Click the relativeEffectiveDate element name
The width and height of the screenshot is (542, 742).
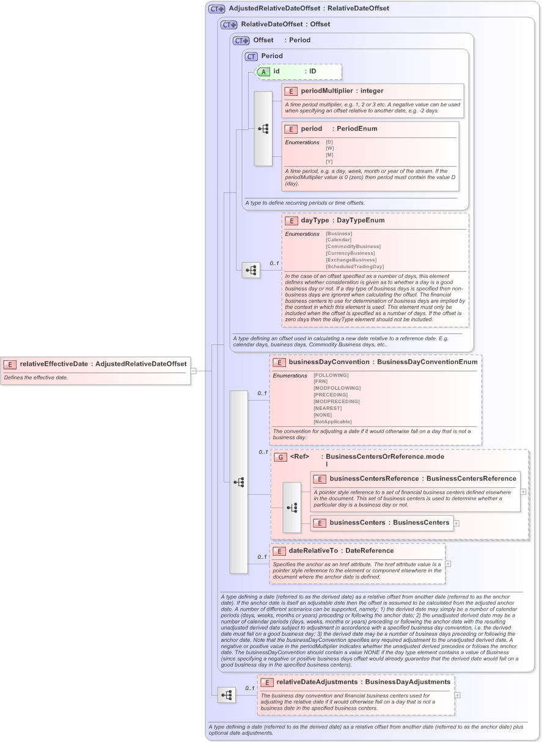[x=54, y=364]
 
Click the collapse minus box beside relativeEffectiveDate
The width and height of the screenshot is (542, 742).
[x=193, y=370]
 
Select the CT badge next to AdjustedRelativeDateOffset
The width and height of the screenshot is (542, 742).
[x=217, y=9]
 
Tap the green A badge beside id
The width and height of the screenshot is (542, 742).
[x=263, y=71]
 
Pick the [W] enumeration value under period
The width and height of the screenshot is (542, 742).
[x=330, y=148]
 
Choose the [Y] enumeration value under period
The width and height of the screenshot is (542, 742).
[x=330, y=162]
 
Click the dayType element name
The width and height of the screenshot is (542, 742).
[x=315, y=220]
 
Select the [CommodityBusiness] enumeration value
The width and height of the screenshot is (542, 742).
[x=353, y=247]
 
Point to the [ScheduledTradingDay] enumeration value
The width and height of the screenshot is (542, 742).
[x=355, y=267]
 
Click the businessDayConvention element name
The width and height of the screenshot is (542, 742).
[x=329, y=362]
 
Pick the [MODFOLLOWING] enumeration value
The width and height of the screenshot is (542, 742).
[x=337, y=388]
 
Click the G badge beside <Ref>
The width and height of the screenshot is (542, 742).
[x=280, y=457]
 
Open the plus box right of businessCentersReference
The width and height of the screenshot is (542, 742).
[x=524, y=490]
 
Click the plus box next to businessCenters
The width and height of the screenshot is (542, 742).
[x=456, y=523]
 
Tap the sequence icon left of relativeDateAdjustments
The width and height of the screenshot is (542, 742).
[x=227, y=695]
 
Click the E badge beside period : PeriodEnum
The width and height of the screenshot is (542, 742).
[x=291, y=129]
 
